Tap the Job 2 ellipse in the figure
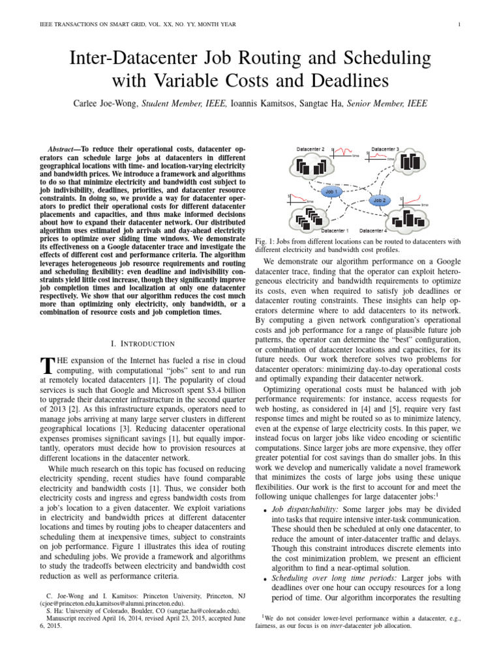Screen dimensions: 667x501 tap(380, 201)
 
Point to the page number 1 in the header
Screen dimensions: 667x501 tap(460, 25)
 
